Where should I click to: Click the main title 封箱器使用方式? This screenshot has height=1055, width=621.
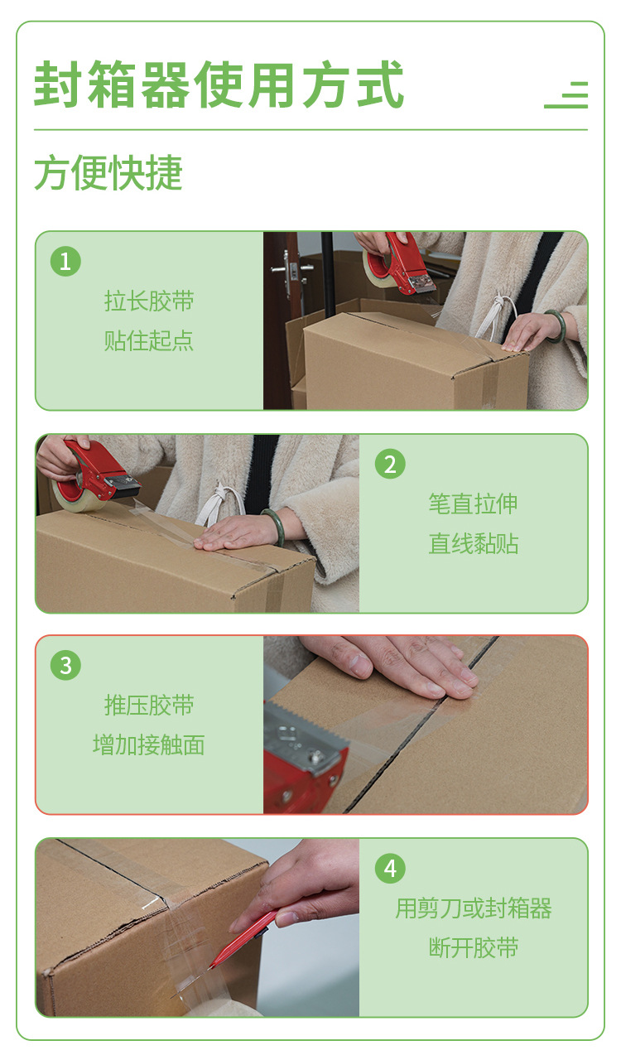click(x=219, y=84)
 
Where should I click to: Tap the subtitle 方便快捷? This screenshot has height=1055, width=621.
click(x=108, y=173)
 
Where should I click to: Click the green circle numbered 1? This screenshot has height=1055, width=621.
click(x=65, y=261)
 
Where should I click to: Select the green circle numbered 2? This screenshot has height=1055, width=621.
click(x=390, y=464)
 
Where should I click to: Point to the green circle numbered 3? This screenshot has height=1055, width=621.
click(x=65, y=666)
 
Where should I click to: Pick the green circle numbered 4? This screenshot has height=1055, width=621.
click(x=390, y=868)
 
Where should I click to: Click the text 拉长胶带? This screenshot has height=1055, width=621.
click(x=149, y=301)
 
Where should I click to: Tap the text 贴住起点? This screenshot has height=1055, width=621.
click(x=149, y=340)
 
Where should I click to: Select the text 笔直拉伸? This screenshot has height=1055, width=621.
click(x=473, y=503)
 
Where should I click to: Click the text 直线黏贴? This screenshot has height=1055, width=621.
click(x=473, y=543)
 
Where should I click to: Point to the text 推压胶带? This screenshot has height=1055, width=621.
click(x=149, y=705)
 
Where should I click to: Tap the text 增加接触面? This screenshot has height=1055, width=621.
click(x=149, y=745)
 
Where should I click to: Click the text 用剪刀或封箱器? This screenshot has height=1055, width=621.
click(x=473, y=908)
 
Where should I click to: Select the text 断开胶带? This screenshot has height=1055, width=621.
click(x=473, y=947)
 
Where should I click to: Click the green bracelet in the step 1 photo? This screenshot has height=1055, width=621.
click(x=556, y=325)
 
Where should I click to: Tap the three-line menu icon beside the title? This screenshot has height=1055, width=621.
click(x=566, y=95)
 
